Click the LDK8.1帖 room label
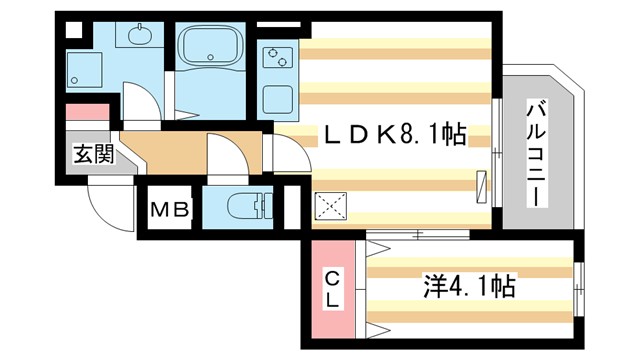tap(391, 134)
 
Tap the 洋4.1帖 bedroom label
tap(470, 288)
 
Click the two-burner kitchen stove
tap(275, 57)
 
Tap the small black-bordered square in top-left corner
tap(73, 28)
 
